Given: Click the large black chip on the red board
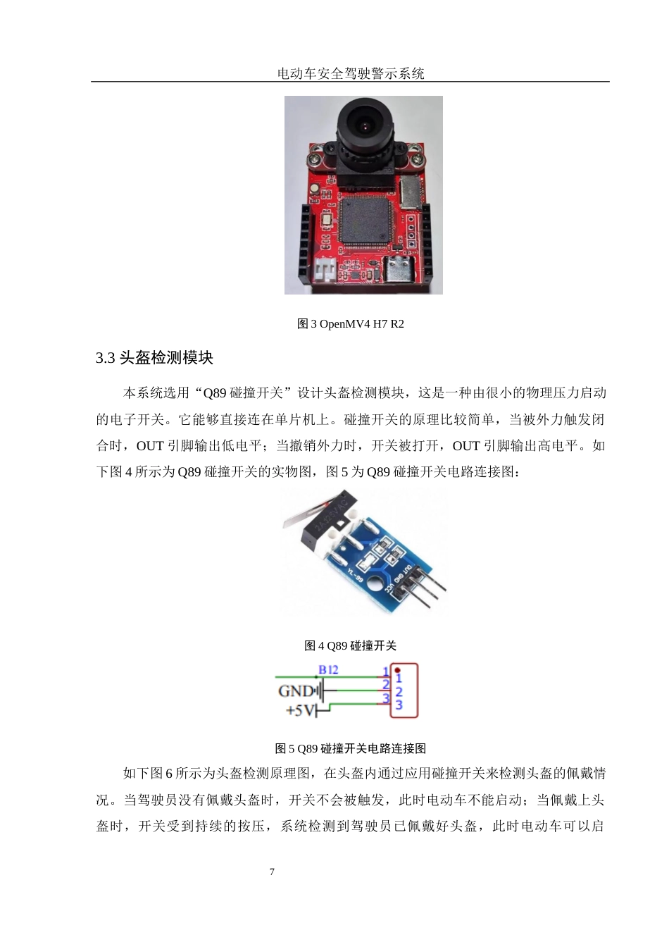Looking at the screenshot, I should [365, 221].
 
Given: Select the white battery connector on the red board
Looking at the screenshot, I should [325, 270].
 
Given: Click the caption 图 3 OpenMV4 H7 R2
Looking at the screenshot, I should [350, 324].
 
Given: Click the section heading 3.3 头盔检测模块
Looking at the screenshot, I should [154, 358].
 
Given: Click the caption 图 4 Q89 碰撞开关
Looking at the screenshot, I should [350, 645].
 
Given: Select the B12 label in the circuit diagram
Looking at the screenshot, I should [328, 669].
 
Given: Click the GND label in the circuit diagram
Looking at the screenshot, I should [296, 691].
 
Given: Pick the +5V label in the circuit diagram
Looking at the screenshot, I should [299, 710].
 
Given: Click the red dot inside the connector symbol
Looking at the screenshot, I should [398, 669].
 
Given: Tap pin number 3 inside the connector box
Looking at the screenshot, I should [399, 705].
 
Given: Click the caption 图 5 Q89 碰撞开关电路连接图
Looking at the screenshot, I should [350, 748].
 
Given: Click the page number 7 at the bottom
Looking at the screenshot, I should [272, 872].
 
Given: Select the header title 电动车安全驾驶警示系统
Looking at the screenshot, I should [350, 73].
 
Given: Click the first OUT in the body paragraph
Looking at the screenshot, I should [150, 446].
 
